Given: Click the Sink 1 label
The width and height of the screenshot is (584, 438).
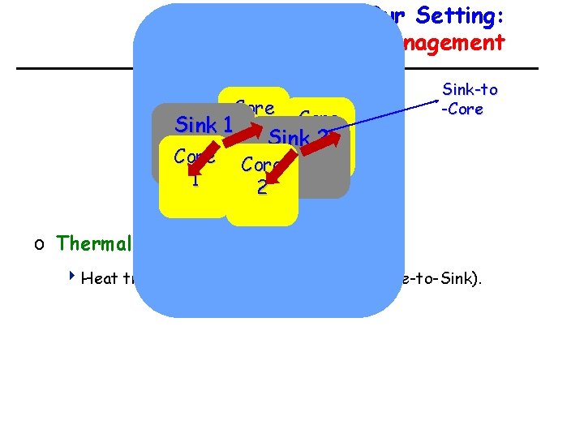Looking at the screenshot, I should [204, 126].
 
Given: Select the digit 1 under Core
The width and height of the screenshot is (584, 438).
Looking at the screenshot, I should [195, 179].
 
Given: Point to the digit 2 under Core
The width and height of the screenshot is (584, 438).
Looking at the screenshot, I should [261, 187].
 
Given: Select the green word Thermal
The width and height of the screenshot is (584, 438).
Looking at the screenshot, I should [94, 243].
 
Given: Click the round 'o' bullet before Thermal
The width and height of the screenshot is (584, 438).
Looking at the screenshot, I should [39, 243].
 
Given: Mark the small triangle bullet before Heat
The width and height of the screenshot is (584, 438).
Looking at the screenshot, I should [72, 278].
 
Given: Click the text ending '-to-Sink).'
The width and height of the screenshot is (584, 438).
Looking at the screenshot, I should [443, 279].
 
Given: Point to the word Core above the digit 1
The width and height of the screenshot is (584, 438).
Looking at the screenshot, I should [194, 157].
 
